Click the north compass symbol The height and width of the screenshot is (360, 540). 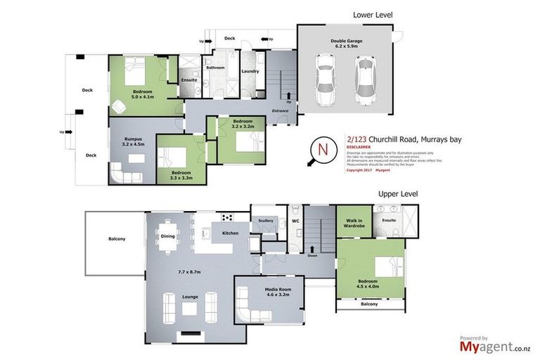click(323, 149)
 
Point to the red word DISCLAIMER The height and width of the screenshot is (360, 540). click(361, 148)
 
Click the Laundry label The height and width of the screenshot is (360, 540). click(250, 71)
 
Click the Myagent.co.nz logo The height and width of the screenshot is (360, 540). click(496, 345)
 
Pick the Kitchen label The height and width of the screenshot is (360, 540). click(231, 232)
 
